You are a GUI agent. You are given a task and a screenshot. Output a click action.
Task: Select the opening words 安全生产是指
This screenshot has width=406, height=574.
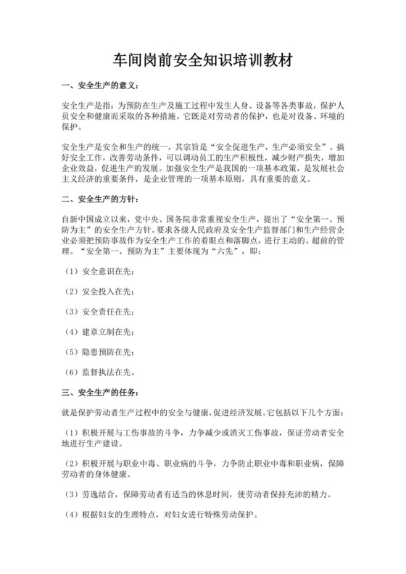tap(86, 106)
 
